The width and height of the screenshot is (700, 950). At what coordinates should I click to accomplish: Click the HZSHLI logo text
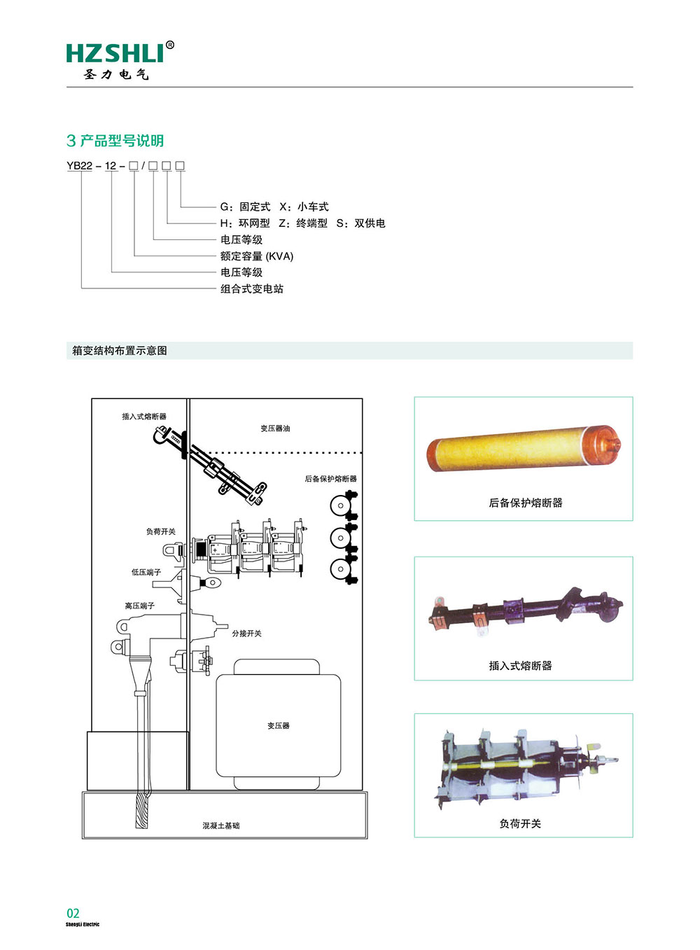coord(116,53)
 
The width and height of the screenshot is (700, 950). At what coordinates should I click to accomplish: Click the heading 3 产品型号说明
coord(115,141)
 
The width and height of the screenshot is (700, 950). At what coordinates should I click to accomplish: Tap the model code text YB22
coord(79,166)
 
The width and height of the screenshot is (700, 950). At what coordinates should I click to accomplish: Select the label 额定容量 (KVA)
coord(256,256)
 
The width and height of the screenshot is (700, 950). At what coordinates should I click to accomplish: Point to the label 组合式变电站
coord(251,289)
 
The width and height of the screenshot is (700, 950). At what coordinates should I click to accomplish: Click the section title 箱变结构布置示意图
coord(120,351)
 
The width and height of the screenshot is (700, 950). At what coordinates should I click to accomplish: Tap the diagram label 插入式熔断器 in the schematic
coord(144,417)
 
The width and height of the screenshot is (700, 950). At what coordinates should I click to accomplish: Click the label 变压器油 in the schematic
coord(275,428)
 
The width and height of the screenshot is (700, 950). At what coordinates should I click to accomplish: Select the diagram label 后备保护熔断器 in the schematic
coord(330,479)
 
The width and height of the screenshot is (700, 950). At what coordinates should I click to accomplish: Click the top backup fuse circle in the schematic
coord(340,505)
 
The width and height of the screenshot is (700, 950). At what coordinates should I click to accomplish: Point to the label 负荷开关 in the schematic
coord(160,532)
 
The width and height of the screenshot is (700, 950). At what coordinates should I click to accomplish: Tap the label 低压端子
coord(146,573)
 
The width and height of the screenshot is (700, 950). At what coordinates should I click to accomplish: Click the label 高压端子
coord(139,606)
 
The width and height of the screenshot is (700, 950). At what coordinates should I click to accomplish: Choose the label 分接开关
coord(246,634)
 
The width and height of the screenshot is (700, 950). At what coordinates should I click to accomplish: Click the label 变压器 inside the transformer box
coord(278,726)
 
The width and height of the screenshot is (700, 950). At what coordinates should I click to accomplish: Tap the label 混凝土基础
coord(220,826)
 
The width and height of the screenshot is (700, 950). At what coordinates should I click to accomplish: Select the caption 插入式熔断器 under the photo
coord(520,666)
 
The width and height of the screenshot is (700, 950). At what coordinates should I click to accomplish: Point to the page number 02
coord(73,913)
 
